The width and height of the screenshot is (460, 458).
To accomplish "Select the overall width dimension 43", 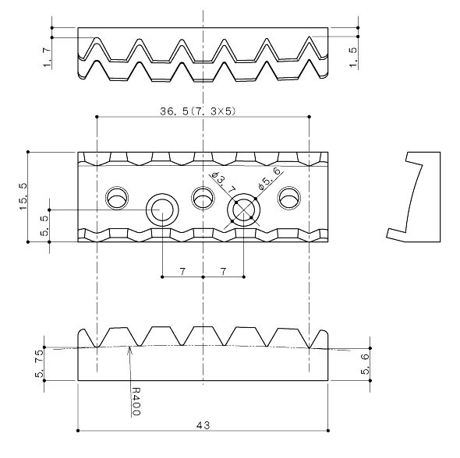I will coord(203,425).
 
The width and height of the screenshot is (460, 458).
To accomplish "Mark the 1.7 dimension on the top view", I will coord(48,56).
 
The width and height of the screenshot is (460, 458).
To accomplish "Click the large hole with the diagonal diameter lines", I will coord(244,210).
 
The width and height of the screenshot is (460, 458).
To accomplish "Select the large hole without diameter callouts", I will coord(162,210).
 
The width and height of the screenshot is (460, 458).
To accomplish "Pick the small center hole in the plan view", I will coord(203,198).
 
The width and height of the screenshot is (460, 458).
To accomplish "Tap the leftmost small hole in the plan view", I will coord(119,198).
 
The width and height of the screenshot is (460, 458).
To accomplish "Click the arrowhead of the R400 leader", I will coord(130,350).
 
